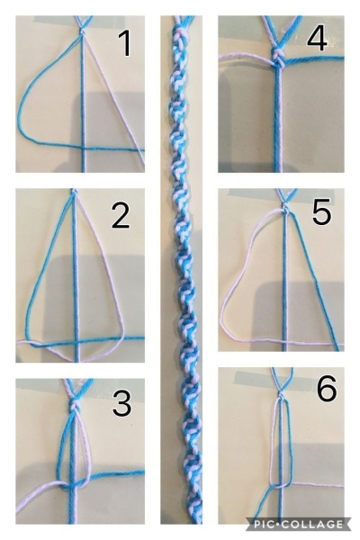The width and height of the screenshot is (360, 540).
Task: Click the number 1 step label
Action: (125, 43)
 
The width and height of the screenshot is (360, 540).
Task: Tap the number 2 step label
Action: (121, 215)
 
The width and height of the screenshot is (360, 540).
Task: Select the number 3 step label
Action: (121, 403)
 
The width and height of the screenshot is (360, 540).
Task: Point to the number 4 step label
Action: (317, 39)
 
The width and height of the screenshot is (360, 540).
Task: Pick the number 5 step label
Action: (321, 213)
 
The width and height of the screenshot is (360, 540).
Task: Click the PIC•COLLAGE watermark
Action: (298, 524)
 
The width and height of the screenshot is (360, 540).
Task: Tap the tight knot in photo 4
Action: (277, 58)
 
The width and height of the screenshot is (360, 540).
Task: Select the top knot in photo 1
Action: (82, 31)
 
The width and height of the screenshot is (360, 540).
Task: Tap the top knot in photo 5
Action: (285, 208)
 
